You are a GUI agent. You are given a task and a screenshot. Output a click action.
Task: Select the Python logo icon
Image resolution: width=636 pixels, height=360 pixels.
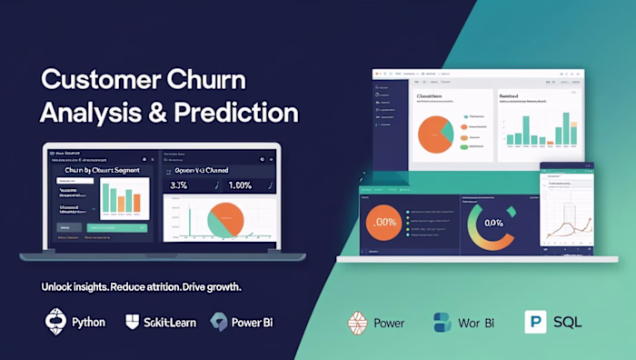55,322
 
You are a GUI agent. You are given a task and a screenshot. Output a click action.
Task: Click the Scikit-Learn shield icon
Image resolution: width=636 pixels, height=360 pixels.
133,322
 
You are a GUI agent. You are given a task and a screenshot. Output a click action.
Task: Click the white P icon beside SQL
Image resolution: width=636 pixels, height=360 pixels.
535,322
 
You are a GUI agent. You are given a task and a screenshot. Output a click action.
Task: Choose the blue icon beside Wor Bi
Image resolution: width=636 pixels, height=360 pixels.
442,322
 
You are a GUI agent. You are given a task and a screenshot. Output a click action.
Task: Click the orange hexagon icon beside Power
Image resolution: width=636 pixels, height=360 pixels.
358,322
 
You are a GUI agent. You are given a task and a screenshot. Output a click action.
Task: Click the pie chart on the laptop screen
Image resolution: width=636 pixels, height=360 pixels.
224,219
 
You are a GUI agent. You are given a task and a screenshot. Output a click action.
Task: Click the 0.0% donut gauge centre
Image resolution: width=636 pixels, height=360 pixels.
493,223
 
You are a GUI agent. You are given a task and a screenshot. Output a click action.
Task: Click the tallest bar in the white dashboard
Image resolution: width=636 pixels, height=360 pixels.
565,129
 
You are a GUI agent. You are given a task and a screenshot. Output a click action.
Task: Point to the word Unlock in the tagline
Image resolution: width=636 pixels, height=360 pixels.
59,286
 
